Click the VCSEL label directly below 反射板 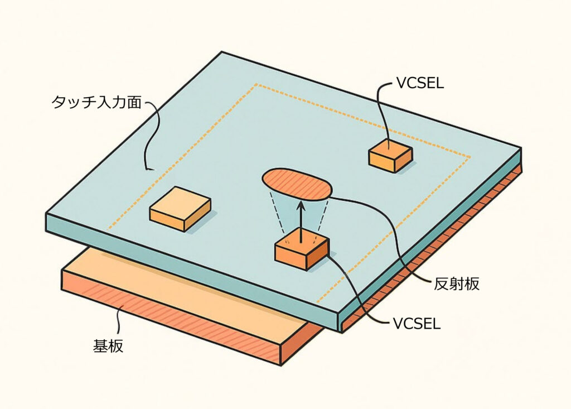[x=417, y=323]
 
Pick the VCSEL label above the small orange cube [x=419, y=83]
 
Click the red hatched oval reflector [x=297, y=184]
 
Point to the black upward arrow [x=300, y=220]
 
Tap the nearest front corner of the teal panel [x=339, y=326]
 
